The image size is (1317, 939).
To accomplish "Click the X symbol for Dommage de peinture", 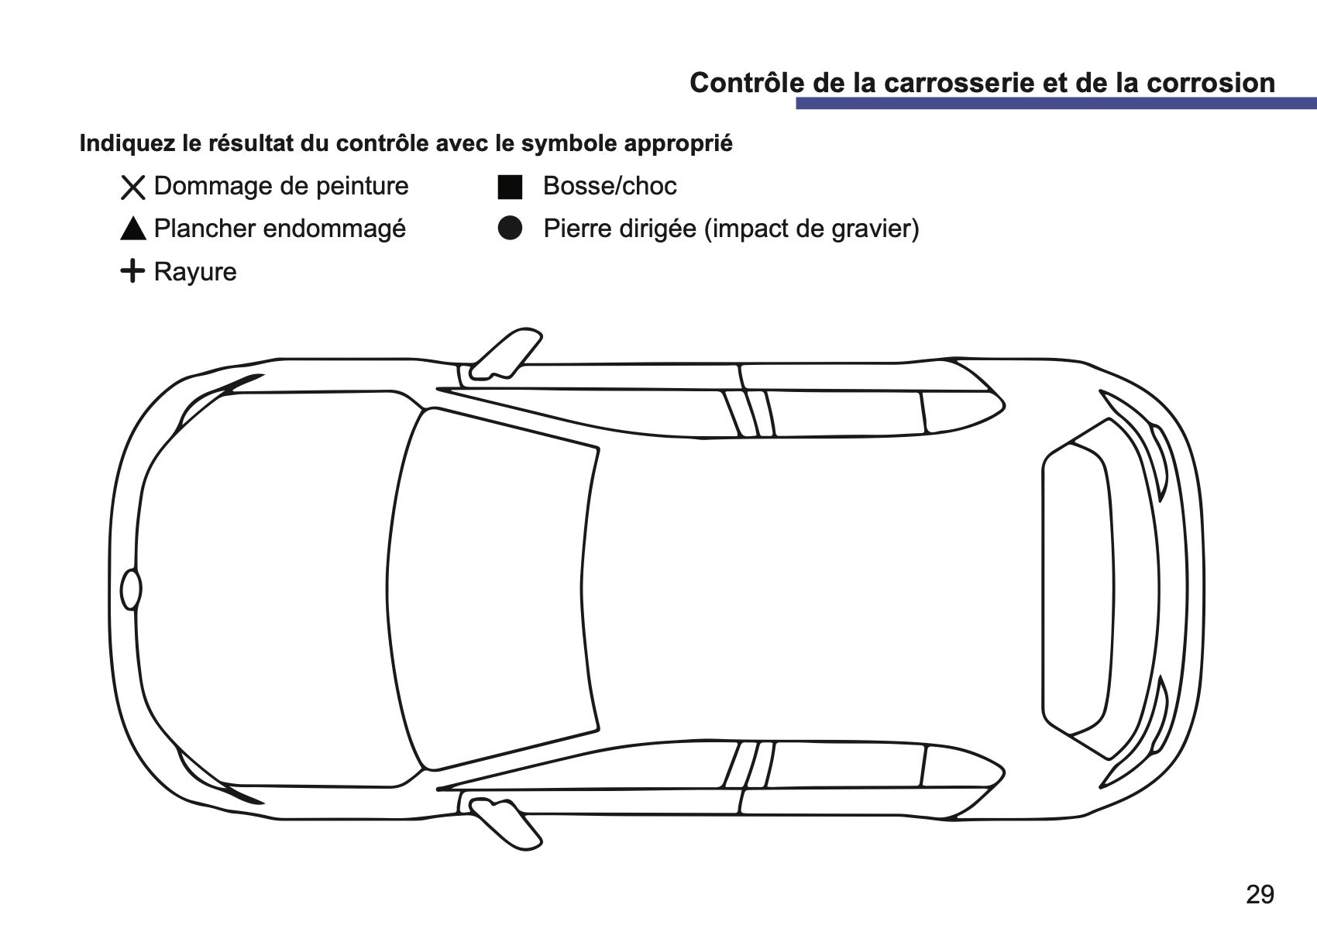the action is click(x=133, y=187).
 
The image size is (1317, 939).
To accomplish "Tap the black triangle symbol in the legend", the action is click(x=133, y=228).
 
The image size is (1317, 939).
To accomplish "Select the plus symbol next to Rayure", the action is click(x=132, y=271).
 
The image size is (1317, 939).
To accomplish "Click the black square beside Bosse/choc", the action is click(x=510, y=187).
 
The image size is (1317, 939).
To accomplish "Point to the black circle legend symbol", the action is click(x=510, y=228).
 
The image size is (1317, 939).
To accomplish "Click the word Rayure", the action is click(x=195, y=272).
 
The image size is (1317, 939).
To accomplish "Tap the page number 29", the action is click(x=1260, y=894).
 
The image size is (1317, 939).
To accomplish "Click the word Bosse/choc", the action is click(x=610, y=187).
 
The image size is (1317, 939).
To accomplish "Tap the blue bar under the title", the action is click(x=1057, y=104).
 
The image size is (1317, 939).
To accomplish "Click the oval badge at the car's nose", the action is click(x=131, y=589).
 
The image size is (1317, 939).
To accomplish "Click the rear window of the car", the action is click(x=1077, y=589).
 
